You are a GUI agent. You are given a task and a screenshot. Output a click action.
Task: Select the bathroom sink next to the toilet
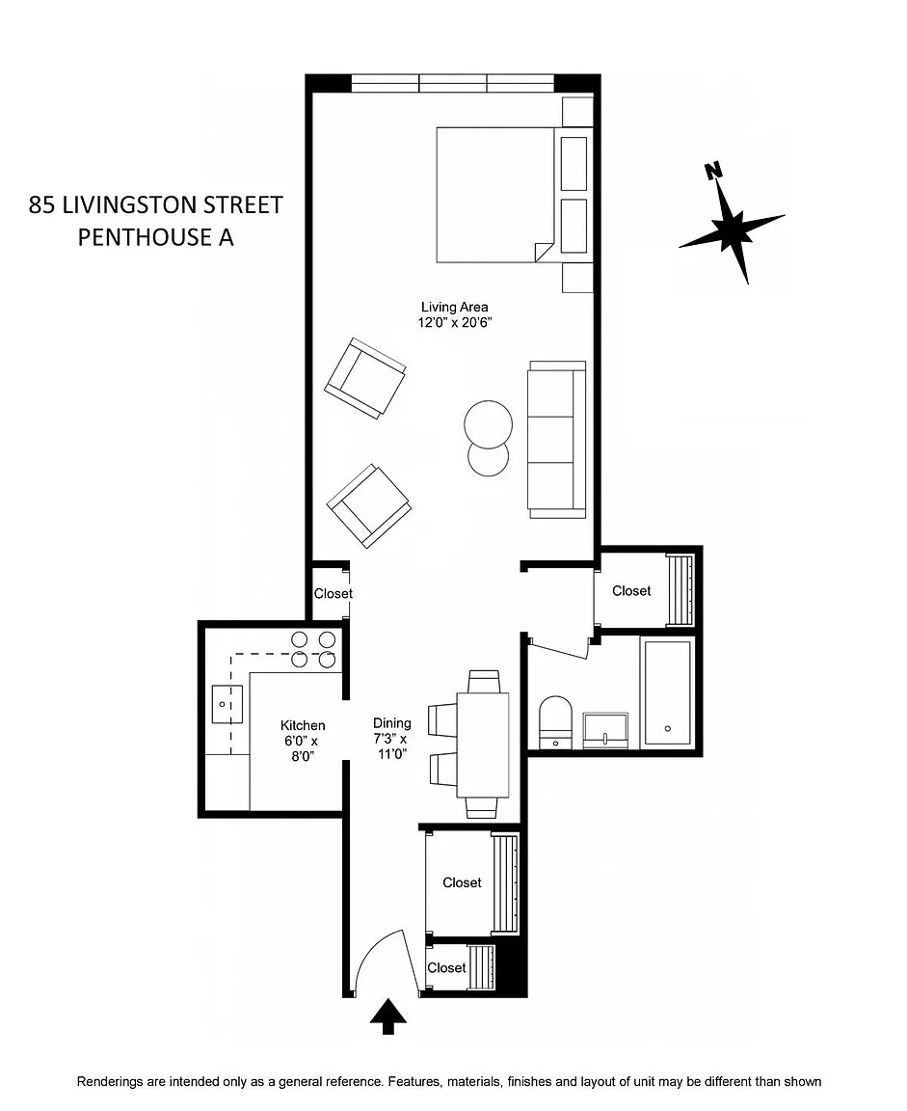pyautogui.click(x=605, y=730)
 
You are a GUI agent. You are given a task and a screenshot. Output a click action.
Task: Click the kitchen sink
pyautogui.click(x=227, y=704)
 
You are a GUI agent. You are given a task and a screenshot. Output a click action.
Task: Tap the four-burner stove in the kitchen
pyautogui.click(x=313, y=649)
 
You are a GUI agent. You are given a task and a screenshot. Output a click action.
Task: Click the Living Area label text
pyautogui.click(x=455, y=307)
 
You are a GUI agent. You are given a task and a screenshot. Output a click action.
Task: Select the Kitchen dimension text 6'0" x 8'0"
pyautogui.click(x=303, y=748)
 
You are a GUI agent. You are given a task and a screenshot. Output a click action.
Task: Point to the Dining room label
pyautogui.click(x=392, y=722)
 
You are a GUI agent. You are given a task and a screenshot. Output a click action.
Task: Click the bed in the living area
pyautogui.click(x=494, y=195)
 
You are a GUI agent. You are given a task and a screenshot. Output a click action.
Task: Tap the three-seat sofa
pyautogui.click(x=556, y=440)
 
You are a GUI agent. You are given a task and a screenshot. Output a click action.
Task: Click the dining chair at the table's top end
pyautogui.click(x=484, y=682)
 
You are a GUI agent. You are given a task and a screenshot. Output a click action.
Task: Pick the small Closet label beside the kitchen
pyautogui.click(x=333, y=593)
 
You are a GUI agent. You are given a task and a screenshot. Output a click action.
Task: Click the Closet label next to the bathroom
pyautogui.click(x=631, y=591)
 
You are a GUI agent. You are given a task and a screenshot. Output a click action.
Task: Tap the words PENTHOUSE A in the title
pyautogui.click(x=156, y=237)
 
